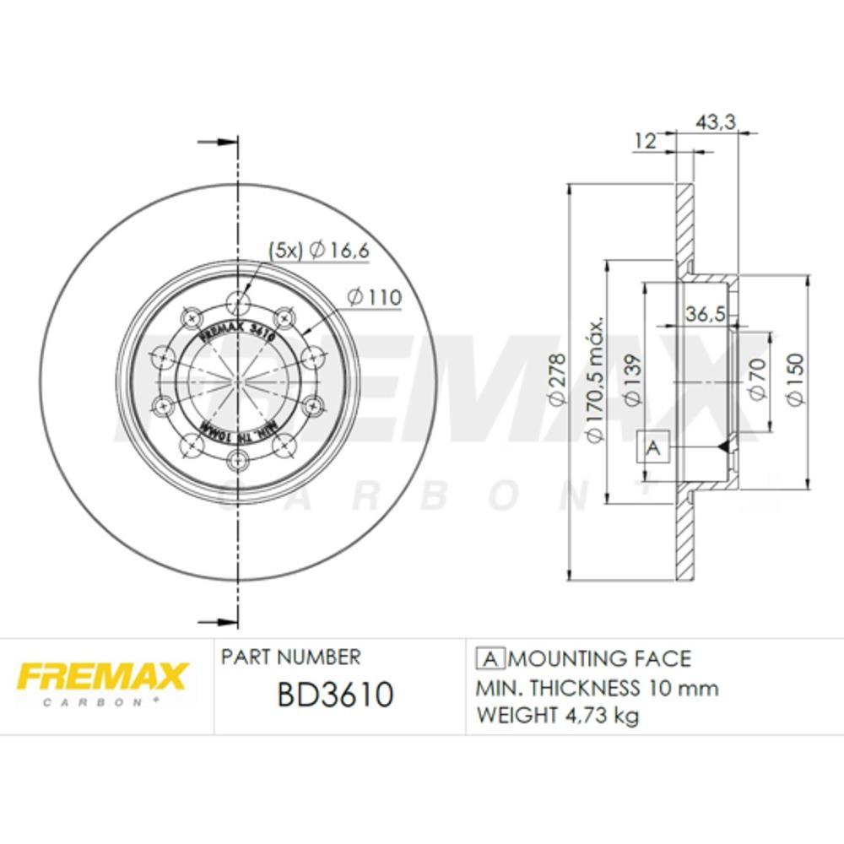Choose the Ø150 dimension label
[796, 381]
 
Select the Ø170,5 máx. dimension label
[594, 380]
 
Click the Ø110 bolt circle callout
[374, 297]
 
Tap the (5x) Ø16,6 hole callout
[319, 249]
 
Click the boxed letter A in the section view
[652, 448]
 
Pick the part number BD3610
[334, 695]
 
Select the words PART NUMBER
[289, 657]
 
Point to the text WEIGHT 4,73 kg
[558, 716]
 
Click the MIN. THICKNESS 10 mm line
[598, 687]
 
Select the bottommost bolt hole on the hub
[239, 458]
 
